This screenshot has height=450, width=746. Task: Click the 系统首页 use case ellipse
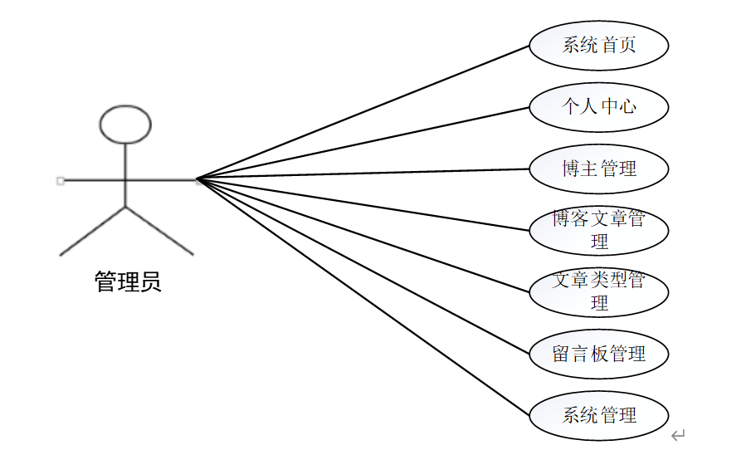pyautogui.click(x=598, y=45)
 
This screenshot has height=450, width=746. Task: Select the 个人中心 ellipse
pyautogui.click(x=598, y=106)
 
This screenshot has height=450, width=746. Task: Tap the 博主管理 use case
pyautogui.click(x=598, y=169)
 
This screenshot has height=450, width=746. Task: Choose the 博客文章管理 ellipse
pyautogui.click(x=598, y=230)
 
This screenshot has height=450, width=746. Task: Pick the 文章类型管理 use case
pyautogui.click(x=598, y=291)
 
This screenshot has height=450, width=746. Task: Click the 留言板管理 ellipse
pyautogui.click(x=598, y=353)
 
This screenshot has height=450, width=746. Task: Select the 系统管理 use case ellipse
pyautogui.click(x=598, y=414)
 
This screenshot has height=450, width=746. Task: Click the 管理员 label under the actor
pyautogui.click(x=127, y=282)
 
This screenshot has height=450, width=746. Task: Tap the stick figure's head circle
pyautogui.click(x=125, y=125)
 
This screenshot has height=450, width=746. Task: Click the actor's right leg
pyautogui.click(x=159, y=231)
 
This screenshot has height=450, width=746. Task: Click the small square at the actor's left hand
pyautogui.click(x=60, y=180)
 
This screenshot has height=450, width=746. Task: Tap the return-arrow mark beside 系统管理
pyautogui.click(x=678, y=434)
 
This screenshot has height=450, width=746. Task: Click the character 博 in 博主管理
pyautogui.click(x=571, y=169)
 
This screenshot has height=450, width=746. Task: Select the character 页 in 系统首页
pyautogui.click(x=627, y=45)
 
